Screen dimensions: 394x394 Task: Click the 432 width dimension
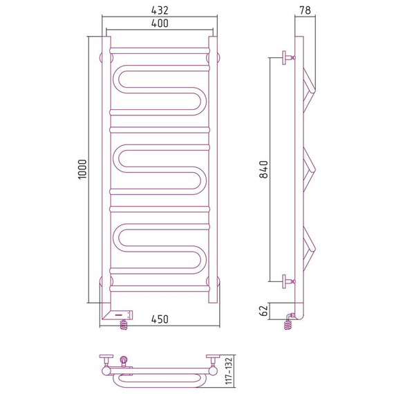tap(160, 10)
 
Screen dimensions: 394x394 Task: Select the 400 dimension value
tap(160, 24)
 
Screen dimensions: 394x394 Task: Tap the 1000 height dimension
tap(83, 169)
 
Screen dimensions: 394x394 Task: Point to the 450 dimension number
tap(160, 319)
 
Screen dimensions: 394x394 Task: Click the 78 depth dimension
tap(305, 10)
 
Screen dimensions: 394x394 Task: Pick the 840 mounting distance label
tap(264, 169)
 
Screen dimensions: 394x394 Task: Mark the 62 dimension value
tap(264, 311)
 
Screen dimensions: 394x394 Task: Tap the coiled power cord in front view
tap(124, 324)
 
